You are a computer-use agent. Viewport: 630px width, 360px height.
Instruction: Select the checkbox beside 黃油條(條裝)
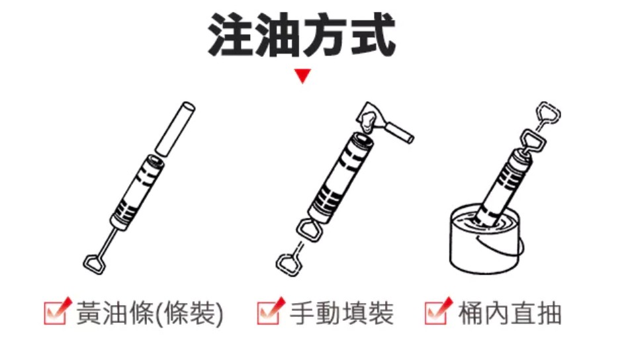pos(55,312)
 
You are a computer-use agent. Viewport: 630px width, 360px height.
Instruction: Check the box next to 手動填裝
pos(269,312)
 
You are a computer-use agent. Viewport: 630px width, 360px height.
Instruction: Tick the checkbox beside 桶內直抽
pos(437,312)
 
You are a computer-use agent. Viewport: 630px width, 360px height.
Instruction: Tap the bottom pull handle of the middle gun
pos(287,262)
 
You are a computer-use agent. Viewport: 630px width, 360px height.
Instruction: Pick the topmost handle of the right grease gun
pos(549,114)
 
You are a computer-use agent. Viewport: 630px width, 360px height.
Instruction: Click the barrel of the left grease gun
pos(135,192)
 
